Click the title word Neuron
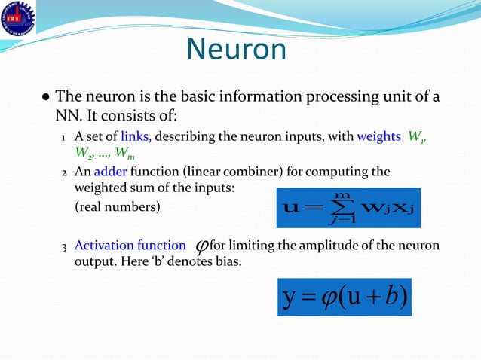coord(237,50)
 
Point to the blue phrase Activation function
coord(130,245)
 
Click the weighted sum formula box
coord(348,203)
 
